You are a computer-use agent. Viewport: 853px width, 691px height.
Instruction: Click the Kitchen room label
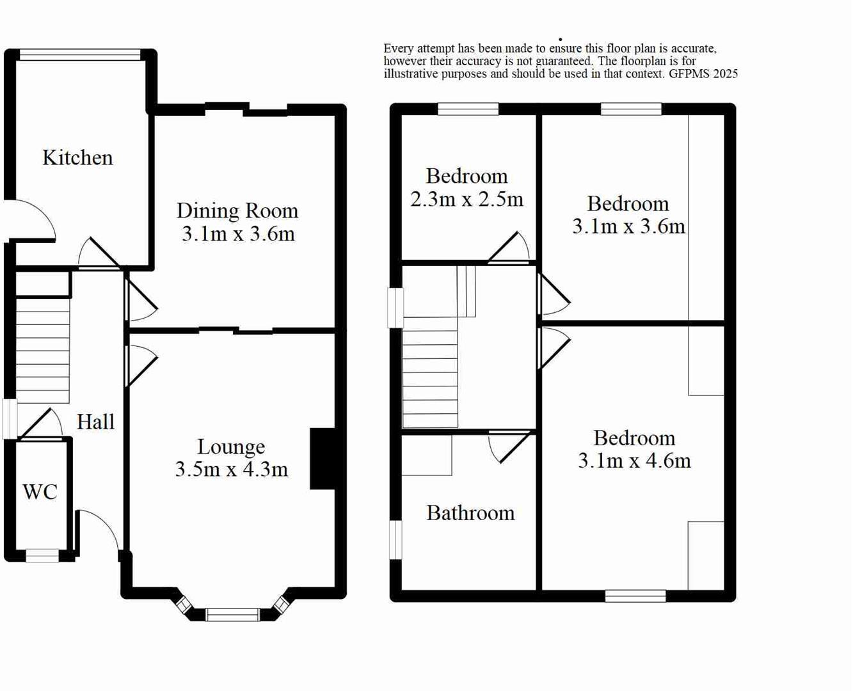pyautogui.click(x=77, y=157)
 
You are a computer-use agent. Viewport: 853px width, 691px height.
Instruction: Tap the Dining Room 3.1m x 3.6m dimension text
pyautogui.click(x=238, y=234)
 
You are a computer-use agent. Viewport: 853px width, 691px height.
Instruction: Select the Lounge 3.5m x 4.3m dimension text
pyautogui.click(x=231, y=470)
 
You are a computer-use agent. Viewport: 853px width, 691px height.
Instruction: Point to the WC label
pyautogui.click(x=40, y=492)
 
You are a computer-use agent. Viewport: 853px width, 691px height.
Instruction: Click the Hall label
pyautogui.click(x=96, y=422)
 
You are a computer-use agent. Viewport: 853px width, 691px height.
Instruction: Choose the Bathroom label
pyautogui.click(x=470, y=513)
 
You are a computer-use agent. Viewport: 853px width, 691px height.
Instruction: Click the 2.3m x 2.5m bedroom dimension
pyautogui.click(x=466, y=200)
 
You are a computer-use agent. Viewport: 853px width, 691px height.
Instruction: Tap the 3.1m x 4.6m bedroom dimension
pyautogui.click(x=634, y=461)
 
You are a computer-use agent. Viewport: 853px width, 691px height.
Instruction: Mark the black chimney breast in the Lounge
pyautogui.click(x=323, y=459)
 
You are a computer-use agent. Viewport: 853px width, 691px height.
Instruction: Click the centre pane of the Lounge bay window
pyautogui.click(x=232, y=615)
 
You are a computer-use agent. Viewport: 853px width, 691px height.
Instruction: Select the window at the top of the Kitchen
pyautogui.click(x=80, y=56)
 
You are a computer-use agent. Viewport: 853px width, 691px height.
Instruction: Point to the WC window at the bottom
pyautogui.click(x=42, y=556)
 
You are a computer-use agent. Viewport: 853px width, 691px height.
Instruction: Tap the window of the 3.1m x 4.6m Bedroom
pyautogui.click(x=635, y=596)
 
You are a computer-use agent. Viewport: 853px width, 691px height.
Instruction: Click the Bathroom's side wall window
pyautogui.click(x=396, y=539)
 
